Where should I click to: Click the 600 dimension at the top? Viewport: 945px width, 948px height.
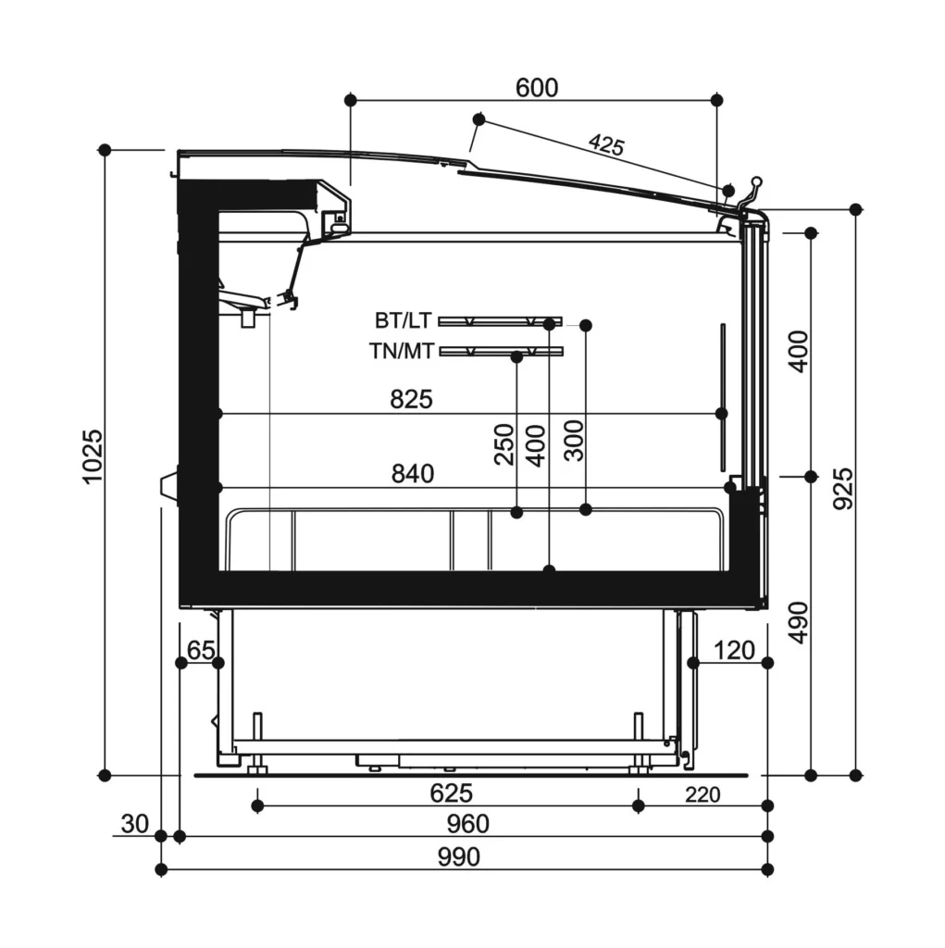[x=536, y=88]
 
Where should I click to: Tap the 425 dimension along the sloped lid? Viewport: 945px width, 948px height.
[x=606, y=144]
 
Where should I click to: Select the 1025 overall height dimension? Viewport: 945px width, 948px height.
[x=93, y=456]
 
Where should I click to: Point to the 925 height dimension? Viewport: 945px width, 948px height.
[x=843, y=489]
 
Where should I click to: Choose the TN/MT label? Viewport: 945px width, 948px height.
[x=402, y=351]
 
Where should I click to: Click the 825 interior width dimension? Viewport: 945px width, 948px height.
[x=411, y=400]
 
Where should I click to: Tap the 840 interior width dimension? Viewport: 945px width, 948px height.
[x=413, y=474]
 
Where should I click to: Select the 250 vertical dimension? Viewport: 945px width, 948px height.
[x=504, y=444]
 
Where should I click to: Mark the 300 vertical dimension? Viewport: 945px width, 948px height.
[x=574, y=441]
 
